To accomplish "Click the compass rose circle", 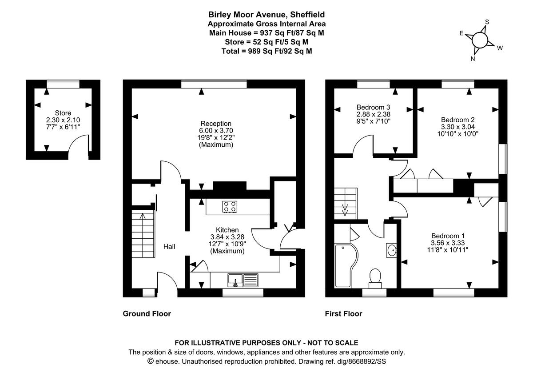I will click(480, 40).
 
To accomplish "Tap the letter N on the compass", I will click(473, 59).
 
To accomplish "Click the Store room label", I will click(63, 113).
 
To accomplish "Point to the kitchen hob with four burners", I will click(230, 206).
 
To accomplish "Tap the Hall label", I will click(169, 246).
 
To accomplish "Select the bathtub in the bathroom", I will click(343, 266).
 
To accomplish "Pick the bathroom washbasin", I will click(391, 250).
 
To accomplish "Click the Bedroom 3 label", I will click(374, 107).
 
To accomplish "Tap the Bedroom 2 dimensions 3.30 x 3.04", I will click(457, 126).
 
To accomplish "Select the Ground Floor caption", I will click(147, 313).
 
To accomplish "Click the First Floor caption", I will click(344, 313).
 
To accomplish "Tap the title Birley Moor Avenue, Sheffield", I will click(266, 14).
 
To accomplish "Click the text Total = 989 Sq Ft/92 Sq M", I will click(266, 51).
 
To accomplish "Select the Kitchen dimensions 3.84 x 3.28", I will click(227, 237).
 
